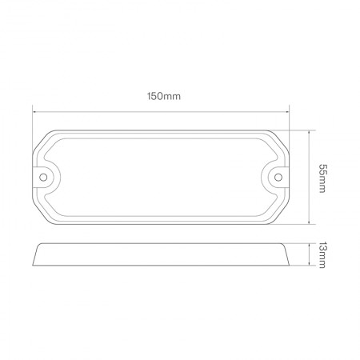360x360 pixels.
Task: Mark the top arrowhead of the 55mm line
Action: click(310, 131)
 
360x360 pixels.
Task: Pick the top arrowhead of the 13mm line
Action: click(310, 246)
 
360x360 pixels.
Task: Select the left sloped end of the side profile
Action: click(38, 255)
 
